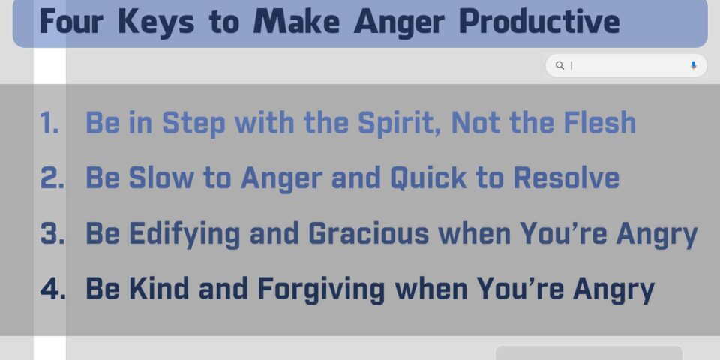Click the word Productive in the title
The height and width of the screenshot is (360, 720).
coord(539,21)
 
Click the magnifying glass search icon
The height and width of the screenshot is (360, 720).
coord(559,66)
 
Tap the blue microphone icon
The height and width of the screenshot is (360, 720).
coord(693,66)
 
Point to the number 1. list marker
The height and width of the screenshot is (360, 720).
coord(49,123)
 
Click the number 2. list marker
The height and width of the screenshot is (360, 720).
coord(52,178)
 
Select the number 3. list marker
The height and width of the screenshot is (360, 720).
coord(52,233)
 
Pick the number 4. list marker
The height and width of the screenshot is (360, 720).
coord(52,288)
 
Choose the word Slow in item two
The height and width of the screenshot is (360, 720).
coord(161,178)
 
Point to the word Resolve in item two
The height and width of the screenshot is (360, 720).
coord(566,178)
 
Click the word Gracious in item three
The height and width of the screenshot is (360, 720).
coord(369,233)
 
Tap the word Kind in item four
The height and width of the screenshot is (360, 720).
coord(159,288)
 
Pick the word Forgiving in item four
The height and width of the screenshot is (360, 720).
coord(321,289)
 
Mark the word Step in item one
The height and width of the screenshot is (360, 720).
coord(193,124)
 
